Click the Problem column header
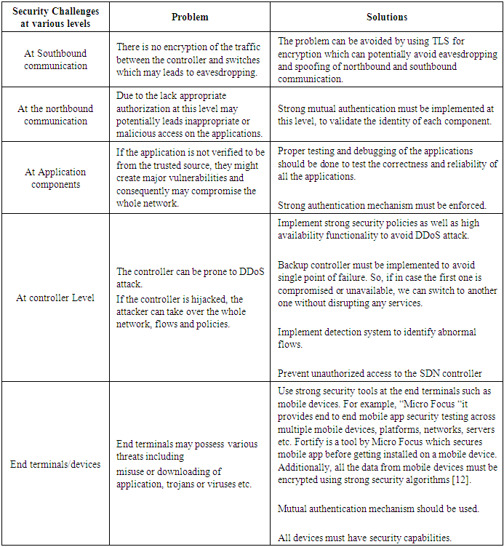pos(189,17)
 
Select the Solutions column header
pos(387,17)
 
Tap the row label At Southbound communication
pos(56,60)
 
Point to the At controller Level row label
pos(56,298)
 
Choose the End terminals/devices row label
pos(56,463)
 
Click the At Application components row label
pos(56,178)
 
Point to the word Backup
pos(294,265)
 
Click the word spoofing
pos(303,66)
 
